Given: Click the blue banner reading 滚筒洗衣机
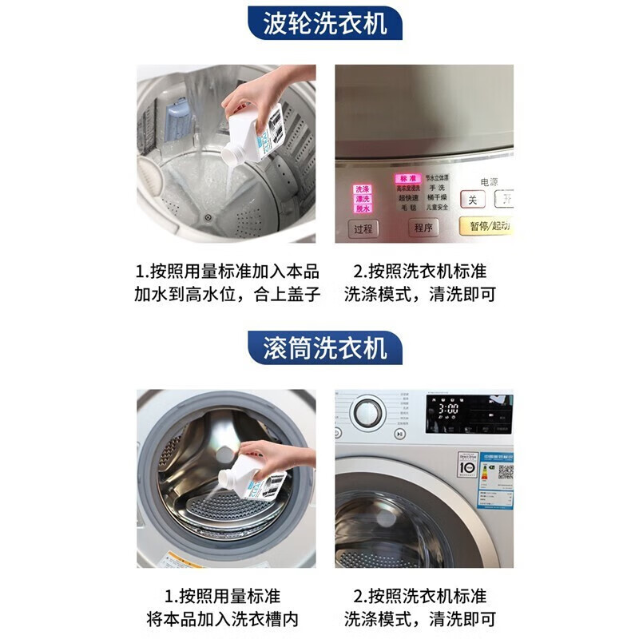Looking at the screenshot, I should (x=324, y=348).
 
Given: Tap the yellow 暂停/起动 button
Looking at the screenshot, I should (x=485, y=227).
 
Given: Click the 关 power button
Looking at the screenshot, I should (x=472, y=200).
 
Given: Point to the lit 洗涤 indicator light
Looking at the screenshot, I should (x=363, y=189).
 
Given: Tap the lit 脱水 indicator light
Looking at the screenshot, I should (x=363, y=208).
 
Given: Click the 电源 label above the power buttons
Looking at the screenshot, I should (x=489, y=182).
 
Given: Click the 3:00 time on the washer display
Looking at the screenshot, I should (x=448, y=408).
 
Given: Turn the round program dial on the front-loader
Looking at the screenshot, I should (x=367, y=414).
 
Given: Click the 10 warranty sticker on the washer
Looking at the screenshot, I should (x=466, y=465).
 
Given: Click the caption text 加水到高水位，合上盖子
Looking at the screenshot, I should (x=227, y=294).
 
